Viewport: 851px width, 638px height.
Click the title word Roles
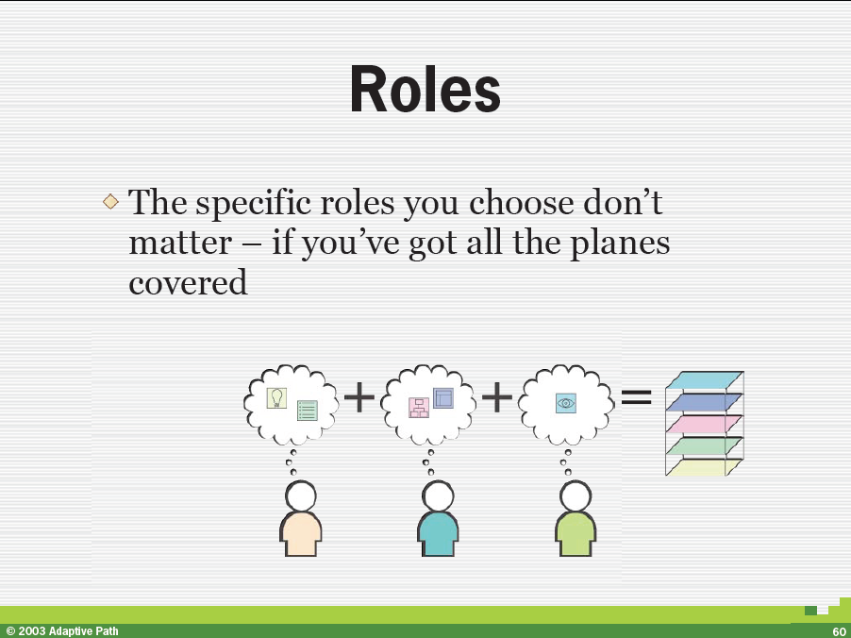pos(425,89)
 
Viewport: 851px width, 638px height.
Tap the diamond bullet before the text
pos(110,202)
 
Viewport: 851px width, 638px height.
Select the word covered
pos(188,282)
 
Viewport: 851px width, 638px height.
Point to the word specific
pos(254,204)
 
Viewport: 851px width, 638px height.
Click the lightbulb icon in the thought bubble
pos(276,398)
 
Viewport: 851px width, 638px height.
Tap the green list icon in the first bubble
pos(308,411)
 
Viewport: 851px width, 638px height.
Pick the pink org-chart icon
pos(419,408)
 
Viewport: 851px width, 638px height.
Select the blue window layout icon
pos(442,398)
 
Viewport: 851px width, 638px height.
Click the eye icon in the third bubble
pos(566,403)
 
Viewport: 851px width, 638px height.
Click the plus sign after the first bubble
pos(359,397)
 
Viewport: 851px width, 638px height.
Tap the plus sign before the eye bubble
pos(496,397)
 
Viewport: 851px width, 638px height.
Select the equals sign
pos(636,397)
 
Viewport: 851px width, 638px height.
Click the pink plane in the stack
pos(704,424)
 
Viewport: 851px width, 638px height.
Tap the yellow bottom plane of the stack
pos(704,467)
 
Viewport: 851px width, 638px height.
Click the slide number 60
pos(839,632)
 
